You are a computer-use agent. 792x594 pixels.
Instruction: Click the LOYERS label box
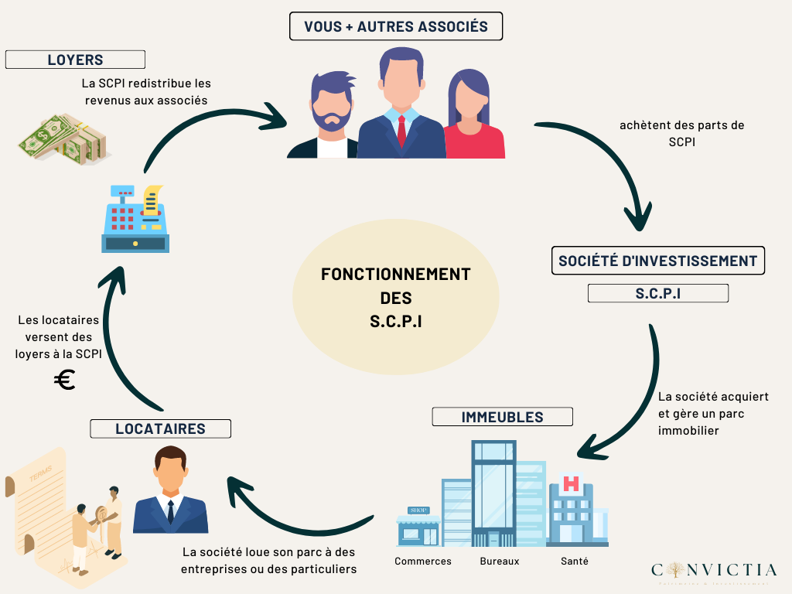click(x=75, y=60)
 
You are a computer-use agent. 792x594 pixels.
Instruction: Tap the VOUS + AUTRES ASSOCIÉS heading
click(x=395, y=26)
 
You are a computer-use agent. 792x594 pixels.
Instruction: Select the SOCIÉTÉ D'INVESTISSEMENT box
click(x=657, y=261)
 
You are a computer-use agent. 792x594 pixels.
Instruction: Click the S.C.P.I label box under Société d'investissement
click(x=657, y=293)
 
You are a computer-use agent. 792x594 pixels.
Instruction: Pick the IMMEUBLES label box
click(x=502, y=417)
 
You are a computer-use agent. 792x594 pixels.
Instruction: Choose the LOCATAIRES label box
click(x=160, y=428)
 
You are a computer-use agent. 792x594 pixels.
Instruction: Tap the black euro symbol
click(x=65, y=380)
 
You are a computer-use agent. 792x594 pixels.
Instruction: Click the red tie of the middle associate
click(x=401, y=131)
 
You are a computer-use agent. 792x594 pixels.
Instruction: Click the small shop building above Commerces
click(x=418, y=526)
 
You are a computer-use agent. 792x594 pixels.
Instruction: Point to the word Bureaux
click(x=500, y=561)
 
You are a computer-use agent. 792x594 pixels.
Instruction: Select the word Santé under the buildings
click(x=574, y=561)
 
